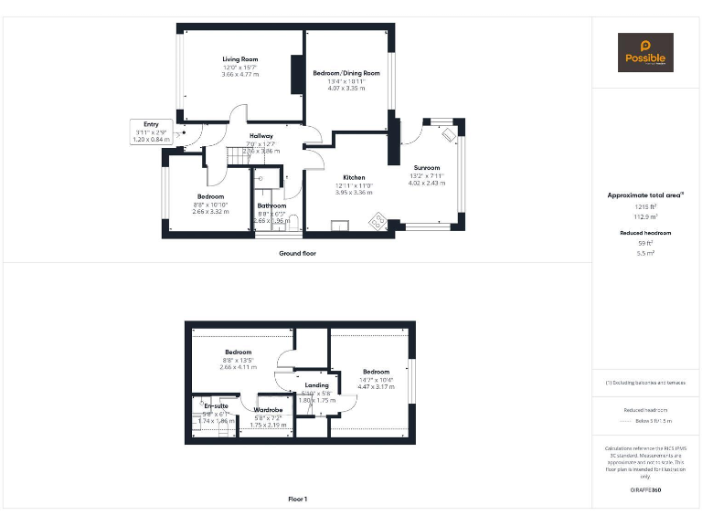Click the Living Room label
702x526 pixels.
tap(239, 59)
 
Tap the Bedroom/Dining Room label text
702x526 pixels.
tap(346, 73)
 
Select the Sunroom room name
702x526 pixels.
tap(426, 168)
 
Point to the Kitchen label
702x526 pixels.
tap(354, 177)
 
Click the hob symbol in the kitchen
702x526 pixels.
tap(377, 221)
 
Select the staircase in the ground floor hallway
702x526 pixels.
tap(239, 159)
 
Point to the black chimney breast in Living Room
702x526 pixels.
tap(296, 75)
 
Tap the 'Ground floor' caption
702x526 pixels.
tap(297, 253)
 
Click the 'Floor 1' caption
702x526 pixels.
tap(297, 499)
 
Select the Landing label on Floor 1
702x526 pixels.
tap(316, 386)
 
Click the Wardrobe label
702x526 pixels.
tap(268, 410)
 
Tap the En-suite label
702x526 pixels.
tap(216, 405)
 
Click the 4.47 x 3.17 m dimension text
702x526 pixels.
tap(376, 387)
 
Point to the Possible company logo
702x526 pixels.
tap(645, 52)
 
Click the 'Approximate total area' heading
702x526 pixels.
tap(645, 195)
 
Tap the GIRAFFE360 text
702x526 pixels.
tap(645, 490)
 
